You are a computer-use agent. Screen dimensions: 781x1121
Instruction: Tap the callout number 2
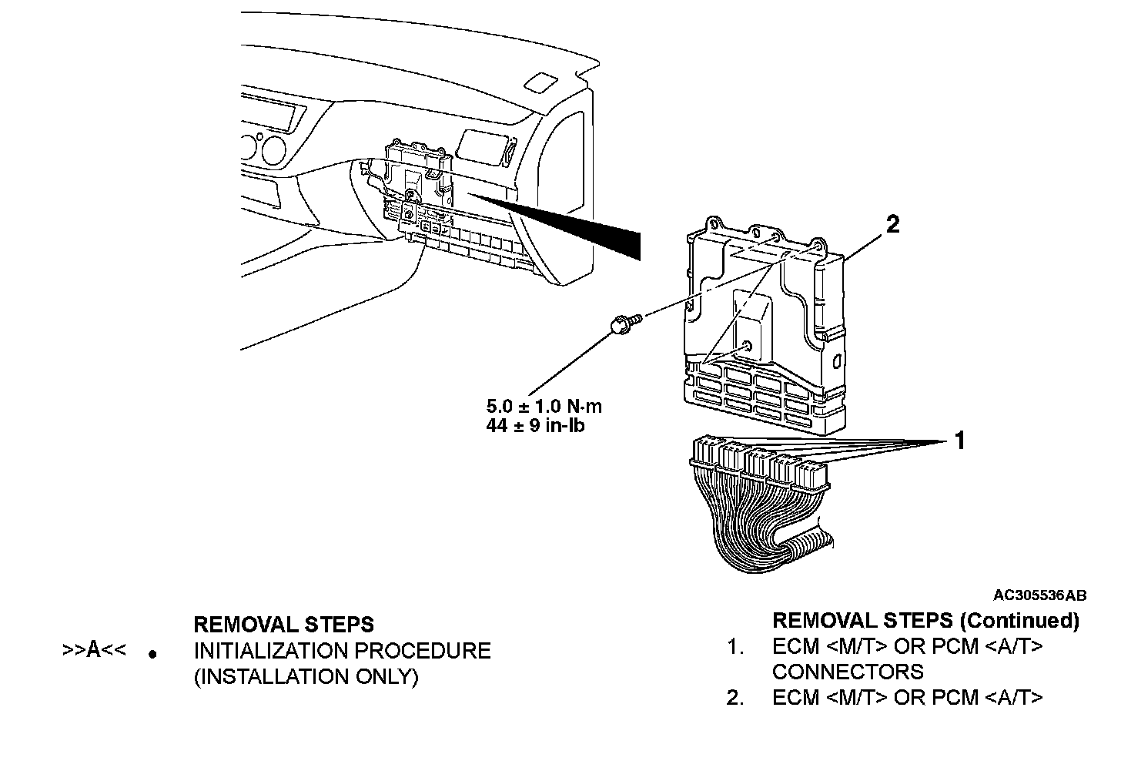coord(892,224)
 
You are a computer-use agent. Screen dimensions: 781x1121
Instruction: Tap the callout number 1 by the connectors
coord(959,441)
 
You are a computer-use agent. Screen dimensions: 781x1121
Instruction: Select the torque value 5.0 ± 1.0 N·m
coord(544,406)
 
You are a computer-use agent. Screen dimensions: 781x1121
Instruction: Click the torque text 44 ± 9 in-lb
coord(535,424)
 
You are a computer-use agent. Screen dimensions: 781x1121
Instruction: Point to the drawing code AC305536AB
coord(1040,595)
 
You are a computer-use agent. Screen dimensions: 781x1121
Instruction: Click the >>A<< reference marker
coord(93,651)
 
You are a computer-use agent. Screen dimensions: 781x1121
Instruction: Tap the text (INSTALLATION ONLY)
coord(306,677)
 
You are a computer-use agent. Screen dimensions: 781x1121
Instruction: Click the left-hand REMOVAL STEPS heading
coord(283,624)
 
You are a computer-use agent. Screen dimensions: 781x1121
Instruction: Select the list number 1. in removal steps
coord(735,647)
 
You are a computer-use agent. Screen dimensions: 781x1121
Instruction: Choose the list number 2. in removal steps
coord(735,698)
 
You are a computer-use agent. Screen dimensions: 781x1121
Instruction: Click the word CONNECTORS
coord(848,672)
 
